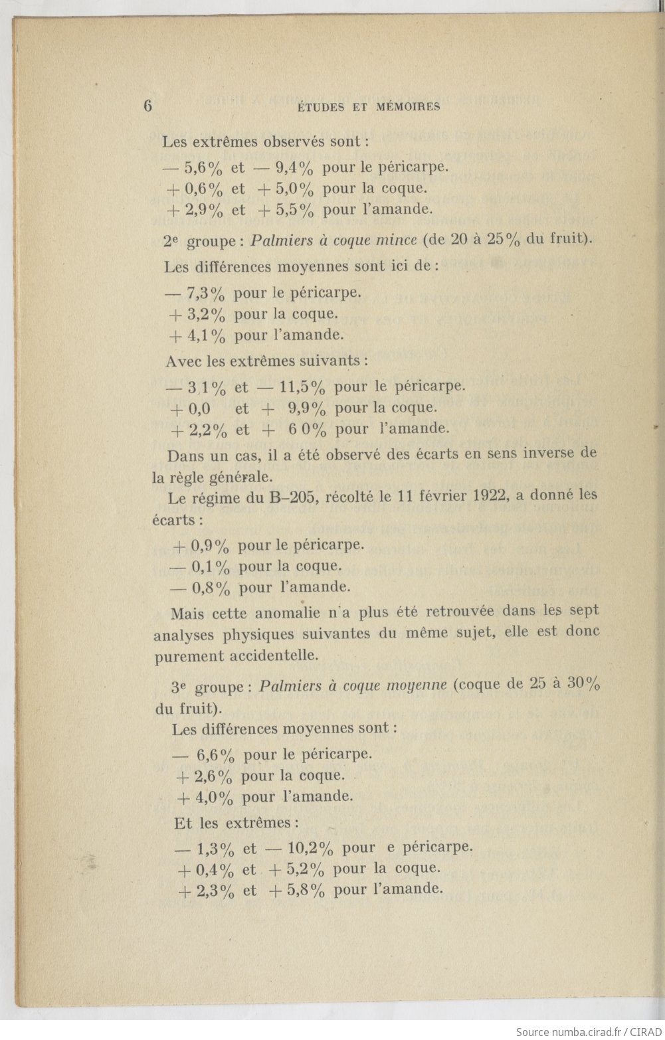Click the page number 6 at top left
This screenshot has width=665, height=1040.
(x=147, y=106)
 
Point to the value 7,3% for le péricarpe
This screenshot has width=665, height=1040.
(x=207, y=293)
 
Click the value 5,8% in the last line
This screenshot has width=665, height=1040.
(x=306, y=890)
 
